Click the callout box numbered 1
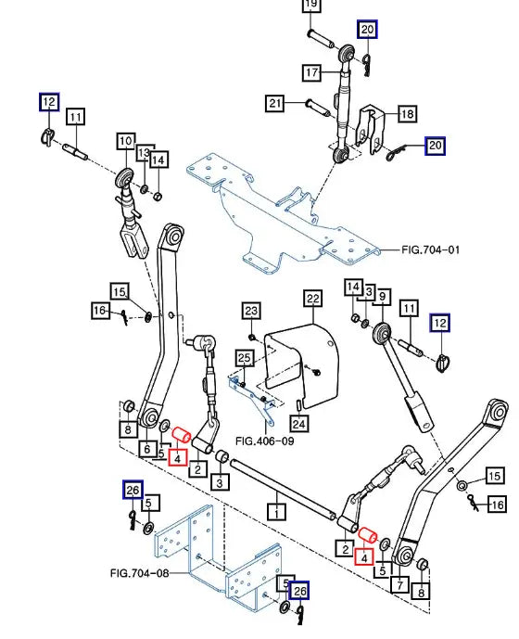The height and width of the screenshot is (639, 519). coord(276,511)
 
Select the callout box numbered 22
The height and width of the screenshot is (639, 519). coord(313,299)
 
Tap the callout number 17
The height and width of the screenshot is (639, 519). coord(311,72)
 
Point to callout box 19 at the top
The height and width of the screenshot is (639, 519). coord(310,4)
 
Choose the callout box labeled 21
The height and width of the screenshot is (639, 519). coord(274,103)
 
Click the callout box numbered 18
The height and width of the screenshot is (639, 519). coord(408,113)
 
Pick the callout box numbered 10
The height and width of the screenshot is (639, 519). coord(126,141)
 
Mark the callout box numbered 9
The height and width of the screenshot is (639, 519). coord(382,296)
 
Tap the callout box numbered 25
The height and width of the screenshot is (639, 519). coord(244,358)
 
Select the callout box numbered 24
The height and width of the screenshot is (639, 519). coord(299,424)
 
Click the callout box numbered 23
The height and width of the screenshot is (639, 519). coord(251,311)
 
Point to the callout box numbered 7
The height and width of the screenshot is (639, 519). coord(399,585)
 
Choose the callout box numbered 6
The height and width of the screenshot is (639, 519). coord(147,449)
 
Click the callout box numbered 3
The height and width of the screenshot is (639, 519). coord(220,483)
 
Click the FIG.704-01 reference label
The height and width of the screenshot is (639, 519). coord(431,249)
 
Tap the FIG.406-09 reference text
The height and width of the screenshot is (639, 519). coord(265,441)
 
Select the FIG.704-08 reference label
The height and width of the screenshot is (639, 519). coord(139,573)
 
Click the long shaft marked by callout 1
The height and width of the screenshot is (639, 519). coord(284,489)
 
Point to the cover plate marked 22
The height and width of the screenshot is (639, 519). coord(302,365)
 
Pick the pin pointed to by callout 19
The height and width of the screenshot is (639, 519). coord(321,38)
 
